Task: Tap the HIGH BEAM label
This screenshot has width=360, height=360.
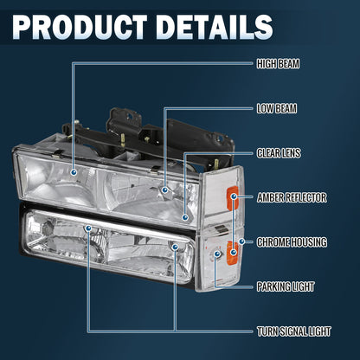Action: point(278,64)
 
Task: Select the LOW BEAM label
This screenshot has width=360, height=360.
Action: point(277,109)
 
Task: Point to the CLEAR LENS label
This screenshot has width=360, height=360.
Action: point(279,153)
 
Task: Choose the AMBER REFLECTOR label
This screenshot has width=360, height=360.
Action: point(292,197)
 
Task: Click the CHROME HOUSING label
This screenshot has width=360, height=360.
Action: point(292,242)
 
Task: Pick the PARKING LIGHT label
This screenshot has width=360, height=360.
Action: point(286,286)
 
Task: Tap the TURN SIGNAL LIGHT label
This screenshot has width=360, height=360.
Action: point(294,331)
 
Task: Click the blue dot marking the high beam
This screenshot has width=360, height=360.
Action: point(74,172)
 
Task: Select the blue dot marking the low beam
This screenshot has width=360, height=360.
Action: point(165,190)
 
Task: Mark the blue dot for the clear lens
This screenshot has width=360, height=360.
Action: point(185,217)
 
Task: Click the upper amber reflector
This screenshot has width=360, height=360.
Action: point(233,197)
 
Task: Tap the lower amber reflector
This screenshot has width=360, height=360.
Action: point(233,253)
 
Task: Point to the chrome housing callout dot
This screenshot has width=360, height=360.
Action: point(241,241)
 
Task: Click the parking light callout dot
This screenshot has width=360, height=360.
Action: point(217,254)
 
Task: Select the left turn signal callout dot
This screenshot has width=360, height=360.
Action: point(88,228)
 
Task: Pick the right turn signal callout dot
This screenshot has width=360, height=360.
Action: point(175,247)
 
